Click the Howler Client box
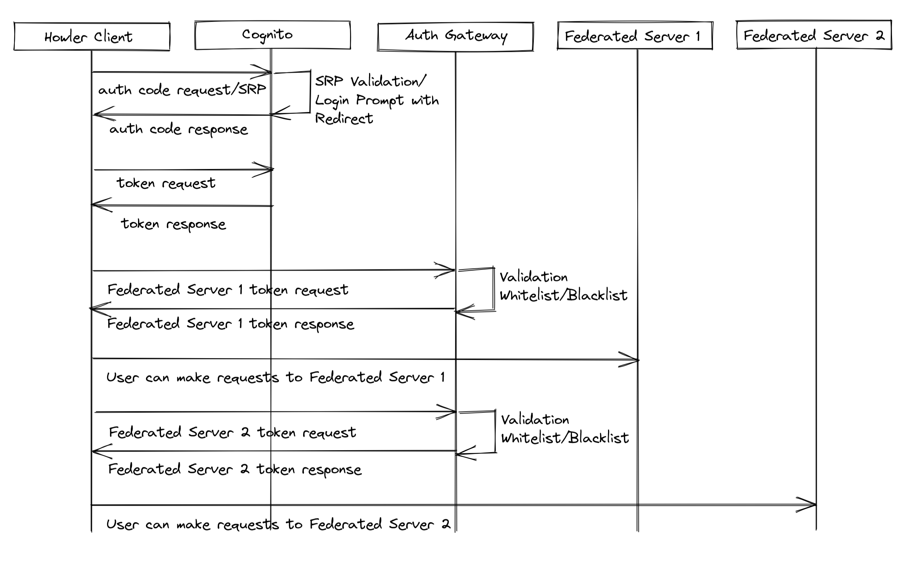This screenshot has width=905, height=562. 92,36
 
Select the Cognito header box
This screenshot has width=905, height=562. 272,35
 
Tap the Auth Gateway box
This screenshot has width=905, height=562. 456,36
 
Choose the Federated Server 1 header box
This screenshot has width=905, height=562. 635,36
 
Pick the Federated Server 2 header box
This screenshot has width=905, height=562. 814,35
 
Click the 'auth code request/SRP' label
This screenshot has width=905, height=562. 182,90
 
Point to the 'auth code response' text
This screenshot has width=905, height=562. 178,129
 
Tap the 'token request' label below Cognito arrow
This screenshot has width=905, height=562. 166,183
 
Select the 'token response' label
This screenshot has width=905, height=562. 173,224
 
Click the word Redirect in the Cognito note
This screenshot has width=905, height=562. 343,119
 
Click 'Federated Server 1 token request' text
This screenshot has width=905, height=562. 227,290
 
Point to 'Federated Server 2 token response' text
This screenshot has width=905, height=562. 234,469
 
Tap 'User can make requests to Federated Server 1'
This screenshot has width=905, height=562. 275,378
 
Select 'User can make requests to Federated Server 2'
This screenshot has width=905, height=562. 278,525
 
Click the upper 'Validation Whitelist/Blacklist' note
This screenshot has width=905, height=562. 563,286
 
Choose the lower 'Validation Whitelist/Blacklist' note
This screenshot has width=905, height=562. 564,429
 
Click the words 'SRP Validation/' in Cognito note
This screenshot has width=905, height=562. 371,81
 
